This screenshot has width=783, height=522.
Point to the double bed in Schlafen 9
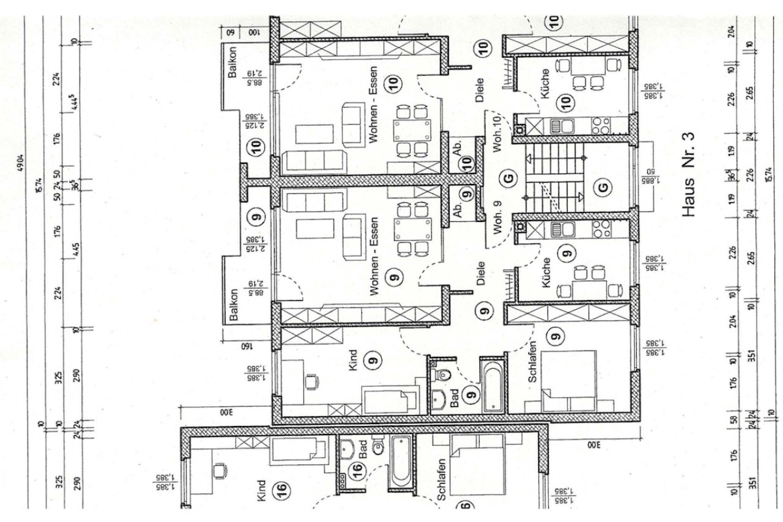pyautogui.click(x=569, y=380)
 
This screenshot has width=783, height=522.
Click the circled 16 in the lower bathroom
pyautogui.click(x=358, y=471)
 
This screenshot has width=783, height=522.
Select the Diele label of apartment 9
pyautogui.click(x=481, y=274)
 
